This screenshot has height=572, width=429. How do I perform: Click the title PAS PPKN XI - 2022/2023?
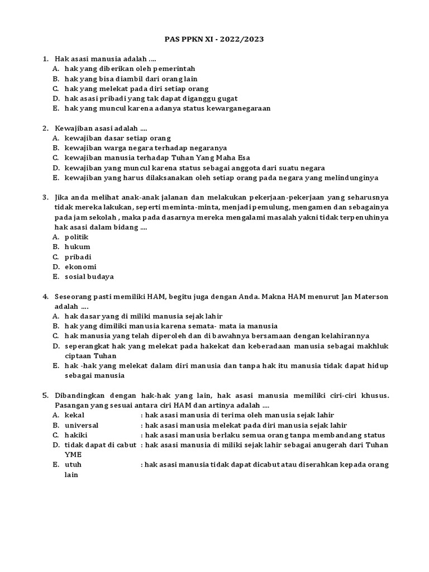pyautogui.click(x=214, y=40)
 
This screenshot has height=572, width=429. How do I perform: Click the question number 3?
pyautogui.click(x=45, y=197)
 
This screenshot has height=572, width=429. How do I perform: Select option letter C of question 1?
pyautogui.click(x=56, y=89)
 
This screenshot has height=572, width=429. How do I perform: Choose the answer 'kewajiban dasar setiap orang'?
pyautogui.click(x=117, y=138)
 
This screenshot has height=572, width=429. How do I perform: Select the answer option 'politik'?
pyautogui.click(x=77, y=237)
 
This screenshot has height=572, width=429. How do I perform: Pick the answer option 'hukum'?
pyautogui.click(x=77, y=247)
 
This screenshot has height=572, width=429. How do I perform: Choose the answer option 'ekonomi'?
pyautogui.click(x=80, y=267)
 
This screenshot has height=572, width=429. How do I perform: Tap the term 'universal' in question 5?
pyautogui.click(x=82, y=425)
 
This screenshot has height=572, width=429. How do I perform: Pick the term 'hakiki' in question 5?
pyautogui.click(x=77, y=435)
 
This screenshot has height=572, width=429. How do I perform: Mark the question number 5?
pyautogui.click(x=45, y=395)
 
